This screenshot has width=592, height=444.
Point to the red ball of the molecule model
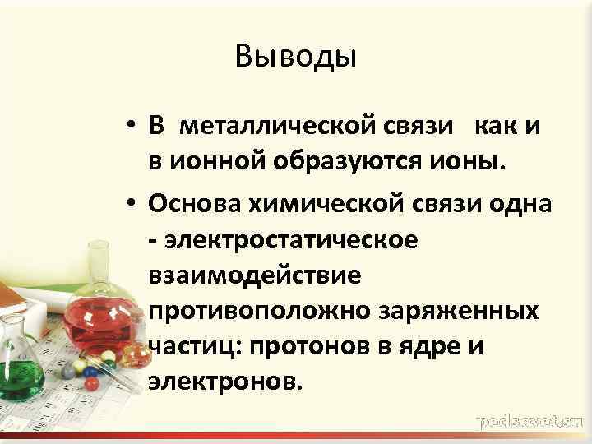(x=91, y=383)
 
